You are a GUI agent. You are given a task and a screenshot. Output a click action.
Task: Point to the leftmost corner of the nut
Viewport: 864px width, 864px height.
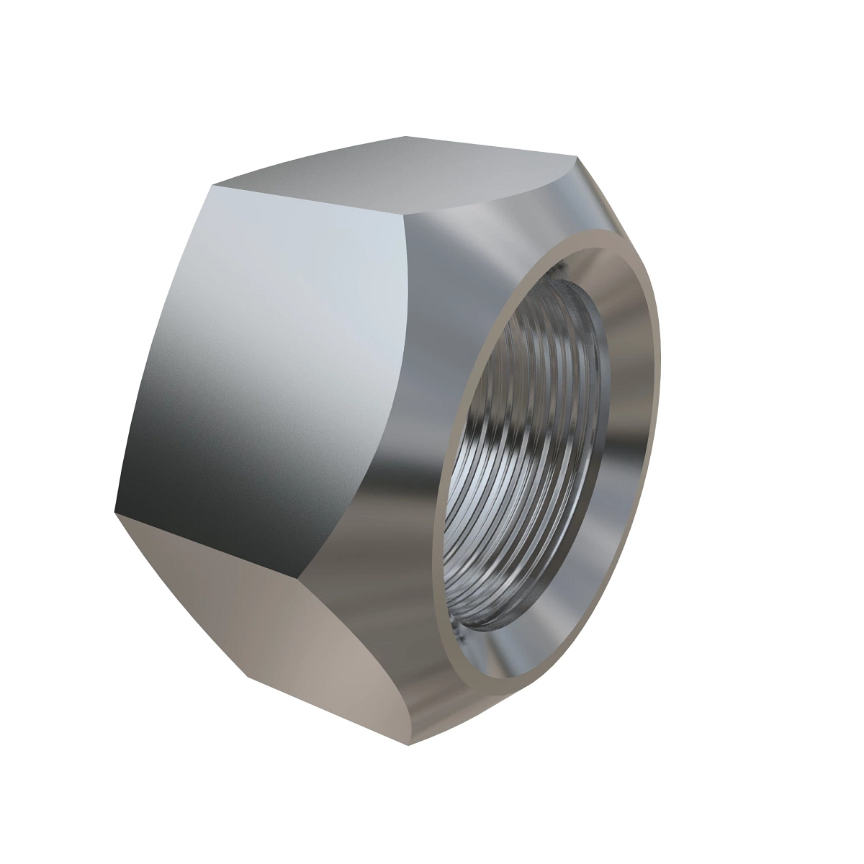coord(115,513)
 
